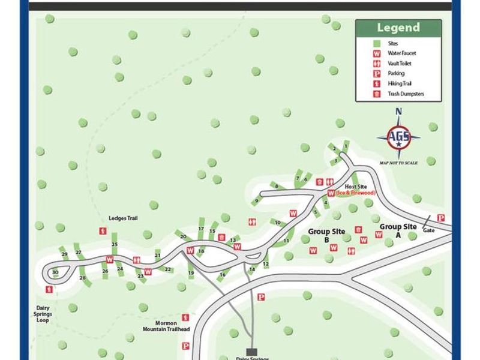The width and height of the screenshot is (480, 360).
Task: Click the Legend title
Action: (398, 28)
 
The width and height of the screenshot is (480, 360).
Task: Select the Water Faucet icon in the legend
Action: (377, 53)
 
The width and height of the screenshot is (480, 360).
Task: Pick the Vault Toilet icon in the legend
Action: (377, 64)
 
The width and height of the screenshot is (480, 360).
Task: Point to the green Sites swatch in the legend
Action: (377, 43)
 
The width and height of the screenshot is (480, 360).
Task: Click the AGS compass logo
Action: (398, 136)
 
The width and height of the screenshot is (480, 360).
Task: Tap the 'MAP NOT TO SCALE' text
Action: (399, 163)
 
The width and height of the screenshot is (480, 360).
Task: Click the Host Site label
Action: (355, 187)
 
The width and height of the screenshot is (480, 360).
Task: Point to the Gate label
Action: (428, 230)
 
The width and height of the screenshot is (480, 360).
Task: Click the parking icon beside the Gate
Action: (441, 218)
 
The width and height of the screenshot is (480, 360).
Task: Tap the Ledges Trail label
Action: (123, 218)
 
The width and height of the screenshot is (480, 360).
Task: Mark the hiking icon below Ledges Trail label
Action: (103, 231)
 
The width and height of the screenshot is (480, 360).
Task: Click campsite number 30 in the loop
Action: (55, 272)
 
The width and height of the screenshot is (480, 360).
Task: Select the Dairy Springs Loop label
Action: (42, 313)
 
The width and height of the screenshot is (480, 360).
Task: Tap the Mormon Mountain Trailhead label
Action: (166, 326)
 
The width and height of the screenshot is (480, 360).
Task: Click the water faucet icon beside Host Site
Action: (331, 193)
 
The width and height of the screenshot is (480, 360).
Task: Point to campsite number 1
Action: (346, 146)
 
